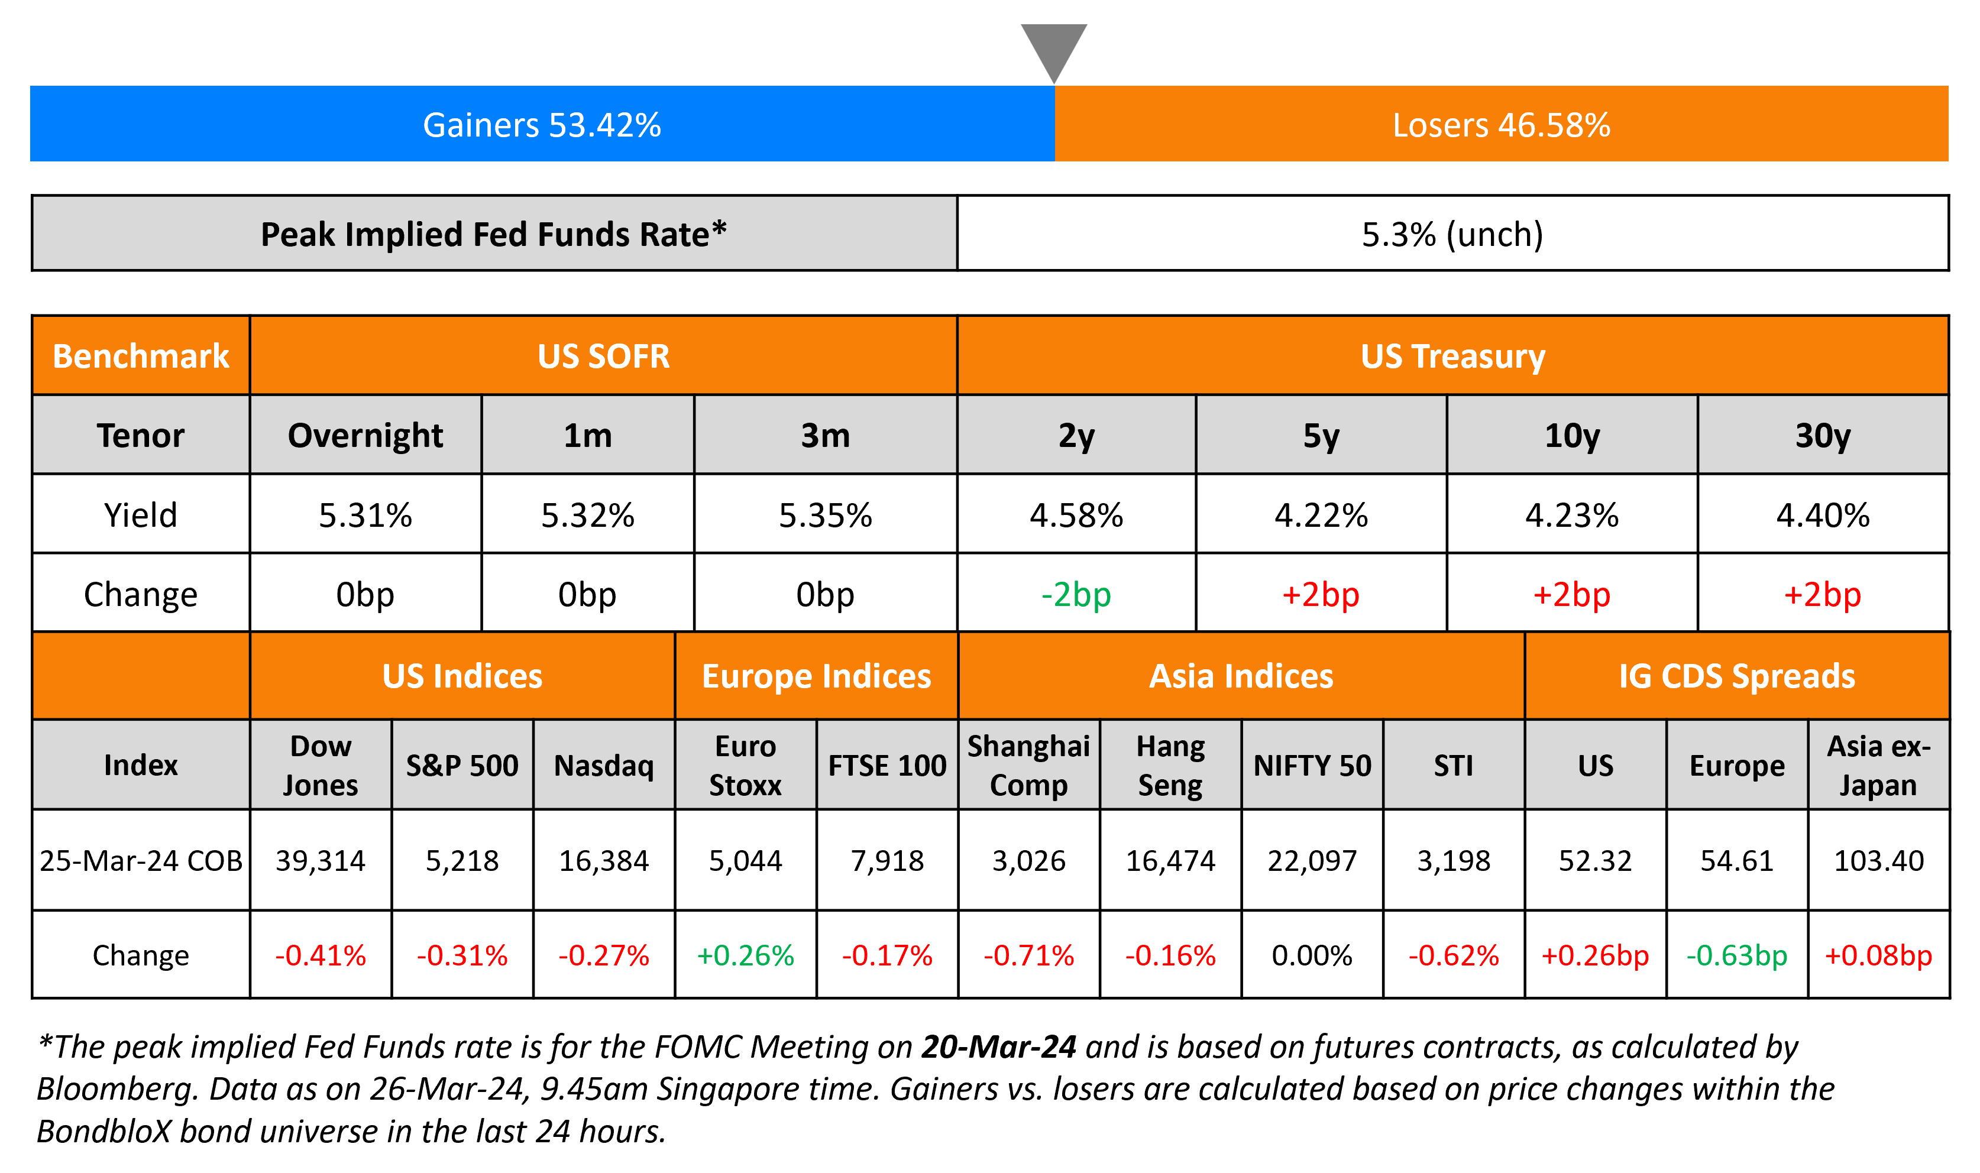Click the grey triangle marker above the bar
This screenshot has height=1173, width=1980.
click(x=1054, y=47)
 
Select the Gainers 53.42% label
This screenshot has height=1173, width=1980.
click(x=542, y=125)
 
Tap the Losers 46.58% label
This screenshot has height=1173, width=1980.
click(x=1501, y=125)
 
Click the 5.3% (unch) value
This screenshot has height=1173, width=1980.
click(x=1452, y=234)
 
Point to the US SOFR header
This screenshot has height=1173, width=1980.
click(x=603, y=357)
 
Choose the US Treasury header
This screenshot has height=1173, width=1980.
click(x=1453, y=357)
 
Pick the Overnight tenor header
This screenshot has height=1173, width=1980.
click(x=365, y=436)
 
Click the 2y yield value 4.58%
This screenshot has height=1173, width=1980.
click(x=1076, y=516)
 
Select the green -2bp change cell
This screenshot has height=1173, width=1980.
click(x=1076, y=594)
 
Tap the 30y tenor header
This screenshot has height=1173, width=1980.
click(x=1823, y=436)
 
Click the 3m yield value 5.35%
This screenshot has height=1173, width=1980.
click(x=825, y=516)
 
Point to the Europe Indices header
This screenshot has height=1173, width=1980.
click(x=817, y=676)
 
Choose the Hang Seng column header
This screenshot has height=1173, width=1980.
click(x=1170, y=765)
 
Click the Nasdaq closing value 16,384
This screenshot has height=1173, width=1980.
click(x=604, y=860)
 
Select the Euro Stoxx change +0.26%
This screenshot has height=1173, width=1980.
click(x=745, y=955)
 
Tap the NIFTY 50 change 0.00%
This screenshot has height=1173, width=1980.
click(x=1312, y=955)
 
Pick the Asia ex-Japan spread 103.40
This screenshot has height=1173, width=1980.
click(x=1879, y=860)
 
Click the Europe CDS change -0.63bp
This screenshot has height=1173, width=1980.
click(x=1736, y=955)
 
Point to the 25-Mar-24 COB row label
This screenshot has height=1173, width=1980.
click(x=141, y=860)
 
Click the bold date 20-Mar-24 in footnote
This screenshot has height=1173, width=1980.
click(x=998, y=1046)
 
